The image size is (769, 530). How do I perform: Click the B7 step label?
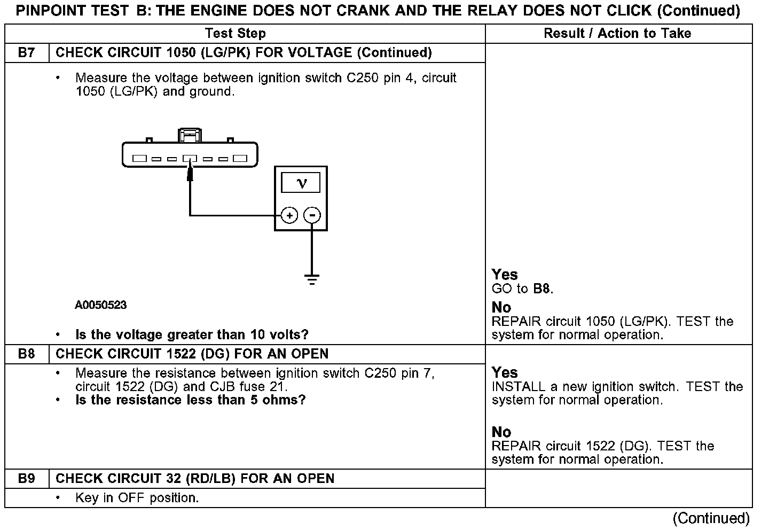(26, 53)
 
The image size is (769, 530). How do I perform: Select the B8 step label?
(26, 354)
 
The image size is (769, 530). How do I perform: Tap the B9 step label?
(26, 479)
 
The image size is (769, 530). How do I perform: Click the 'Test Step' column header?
(236, 34)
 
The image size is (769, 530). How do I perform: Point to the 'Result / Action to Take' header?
(617, 34)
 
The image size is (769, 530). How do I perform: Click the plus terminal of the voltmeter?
(289, 215)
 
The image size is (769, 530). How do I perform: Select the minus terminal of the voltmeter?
(312, 215)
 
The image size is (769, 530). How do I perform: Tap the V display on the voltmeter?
(301, 183)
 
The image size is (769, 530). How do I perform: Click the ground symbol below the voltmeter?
(312, 279)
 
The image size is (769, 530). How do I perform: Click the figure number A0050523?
(101, 305)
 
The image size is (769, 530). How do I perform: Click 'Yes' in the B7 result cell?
(505, 275)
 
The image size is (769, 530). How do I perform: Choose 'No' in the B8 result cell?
(501, 432)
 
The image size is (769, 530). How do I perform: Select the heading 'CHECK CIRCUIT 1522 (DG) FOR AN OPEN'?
(192, 354)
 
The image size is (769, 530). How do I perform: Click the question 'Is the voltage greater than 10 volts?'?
(192, 335)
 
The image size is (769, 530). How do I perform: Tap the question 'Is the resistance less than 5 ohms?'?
(191, 400)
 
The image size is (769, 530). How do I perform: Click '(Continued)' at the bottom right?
(711, 518)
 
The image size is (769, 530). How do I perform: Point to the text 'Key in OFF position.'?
(137, 498)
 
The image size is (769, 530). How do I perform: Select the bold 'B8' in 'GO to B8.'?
(542, 289)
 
